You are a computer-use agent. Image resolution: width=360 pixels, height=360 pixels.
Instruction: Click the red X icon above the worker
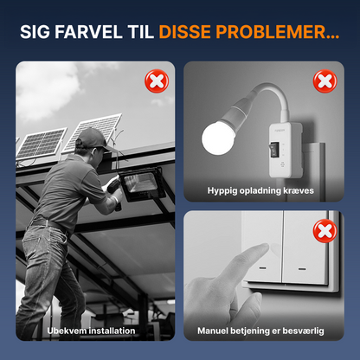156,83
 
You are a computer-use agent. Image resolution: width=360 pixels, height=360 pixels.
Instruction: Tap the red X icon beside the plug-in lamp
323,82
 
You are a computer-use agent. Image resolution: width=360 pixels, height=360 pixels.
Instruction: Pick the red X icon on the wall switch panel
323,232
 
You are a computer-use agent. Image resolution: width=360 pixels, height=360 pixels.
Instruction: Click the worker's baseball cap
93,137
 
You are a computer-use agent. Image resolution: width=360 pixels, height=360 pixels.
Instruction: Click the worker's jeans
49,268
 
